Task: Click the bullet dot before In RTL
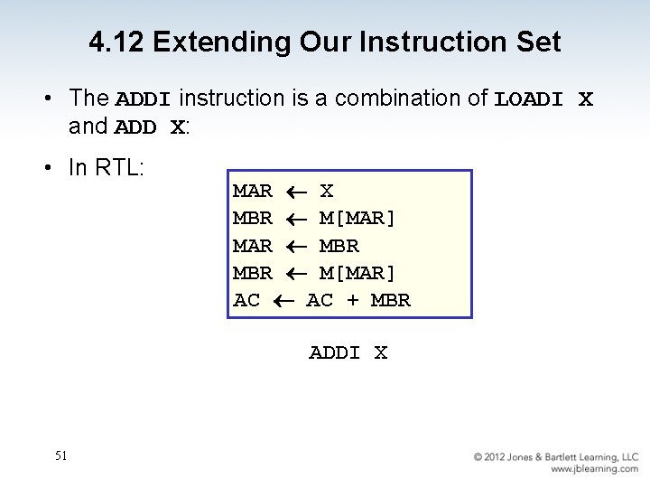tap(56, 168)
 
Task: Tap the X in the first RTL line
tap(327, 191)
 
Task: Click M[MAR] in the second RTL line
tap(357, 218)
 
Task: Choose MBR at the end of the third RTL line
tap(339, 246)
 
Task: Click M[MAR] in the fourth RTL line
tap(357, 273)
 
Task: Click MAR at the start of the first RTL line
tap(253, 191)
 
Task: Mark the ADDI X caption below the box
tap(348, 352)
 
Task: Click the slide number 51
tap(60, 456)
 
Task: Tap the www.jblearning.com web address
tap(594, 469)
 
